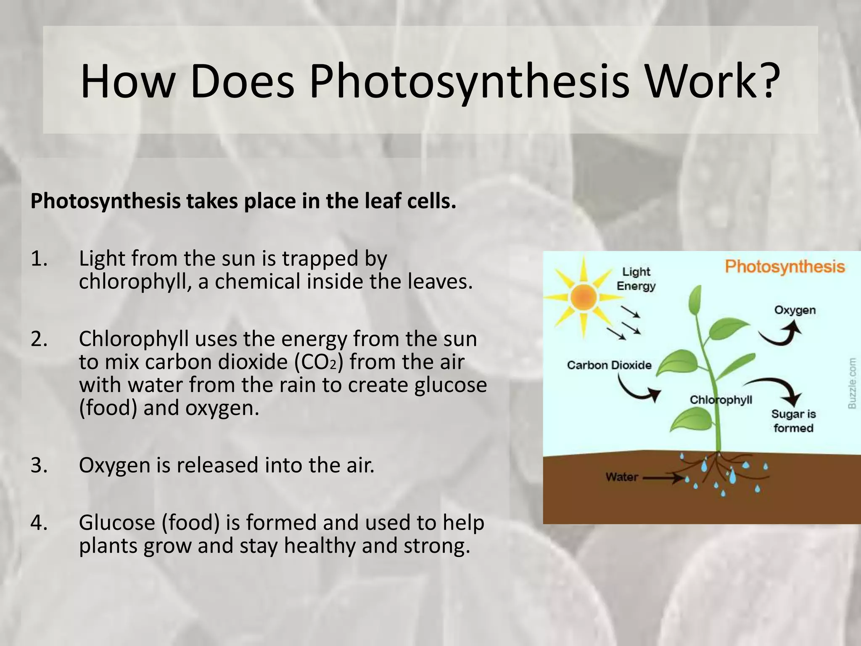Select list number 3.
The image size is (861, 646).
click(39, 465)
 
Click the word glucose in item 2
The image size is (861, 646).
click(450, 385)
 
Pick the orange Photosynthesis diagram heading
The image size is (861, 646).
click(784, 267)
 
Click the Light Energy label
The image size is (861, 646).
click(636, 279)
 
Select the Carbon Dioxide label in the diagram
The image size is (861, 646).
click(609, 365)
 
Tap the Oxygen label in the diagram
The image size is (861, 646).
click(795, 310)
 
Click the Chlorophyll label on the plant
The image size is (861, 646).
click(721, 400)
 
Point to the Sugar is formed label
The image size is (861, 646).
click(793, 421)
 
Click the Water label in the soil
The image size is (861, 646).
click(621, 477)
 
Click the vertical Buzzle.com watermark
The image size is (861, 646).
click(852, 383)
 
